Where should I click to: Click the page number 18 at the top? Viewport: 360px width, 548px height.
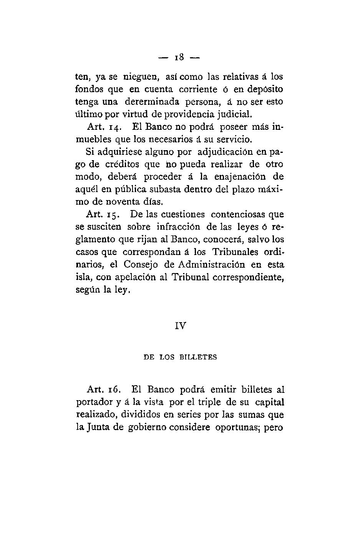click(179, 58)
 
